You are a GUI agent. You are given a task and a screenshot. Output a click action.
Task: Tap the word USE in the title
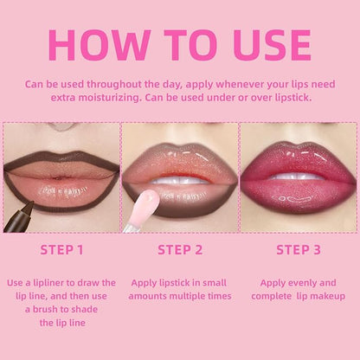(x=273, y=45)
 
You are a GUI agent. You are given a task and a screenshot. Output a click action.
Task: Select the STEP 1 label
(x=61, y=250)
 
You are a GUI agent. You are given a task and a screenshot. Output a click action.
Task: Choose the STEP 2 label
(x=180, y=250)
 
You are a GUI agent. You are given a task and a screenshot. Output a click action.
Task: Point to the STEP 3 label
(x=299, y=250)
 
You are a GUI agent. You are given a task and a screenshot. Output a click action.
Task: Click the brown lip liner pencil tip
(x=29, y=205)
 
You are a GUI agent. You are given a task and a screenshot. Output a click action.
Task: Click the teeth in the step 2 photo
(x=179, y=181)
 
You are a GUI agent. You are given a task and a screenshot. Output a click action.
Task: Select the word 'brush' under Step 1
(x=46, y=309)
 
